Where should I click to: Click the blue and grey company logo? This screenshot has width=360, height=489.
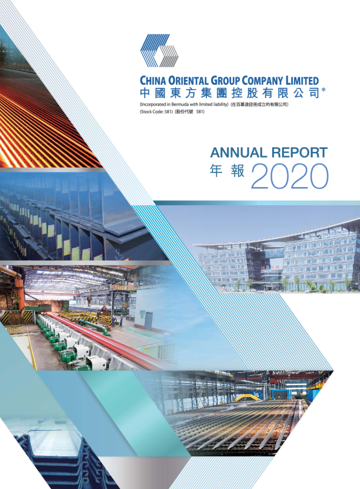click(159, 50)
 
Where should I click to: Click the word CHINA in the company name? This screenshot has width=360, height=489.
click(152, 80)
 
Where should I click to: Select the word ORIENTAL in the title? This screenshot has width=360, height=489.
click(188, 80)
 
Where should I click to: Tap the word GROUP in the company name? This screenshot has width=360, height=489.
click(225, 80)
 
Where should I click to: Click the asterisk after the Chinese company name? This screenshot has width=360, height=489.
click(323, 90)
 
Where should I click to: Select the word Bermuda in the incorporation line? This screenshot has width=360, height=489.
click(180, 105)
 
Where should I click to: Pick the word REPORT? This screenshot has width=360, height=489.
click(299, 153)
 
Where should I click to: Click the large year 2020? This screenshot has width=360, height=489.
click(290, 176)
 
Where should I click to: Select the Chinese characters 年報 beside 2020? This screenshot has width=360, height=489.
click(227, 171)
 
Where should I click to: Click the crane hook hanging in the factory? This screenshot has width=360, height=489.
click(90, 301)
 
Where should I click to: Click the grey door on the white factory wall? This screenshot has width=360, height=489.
click(149, 319)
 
